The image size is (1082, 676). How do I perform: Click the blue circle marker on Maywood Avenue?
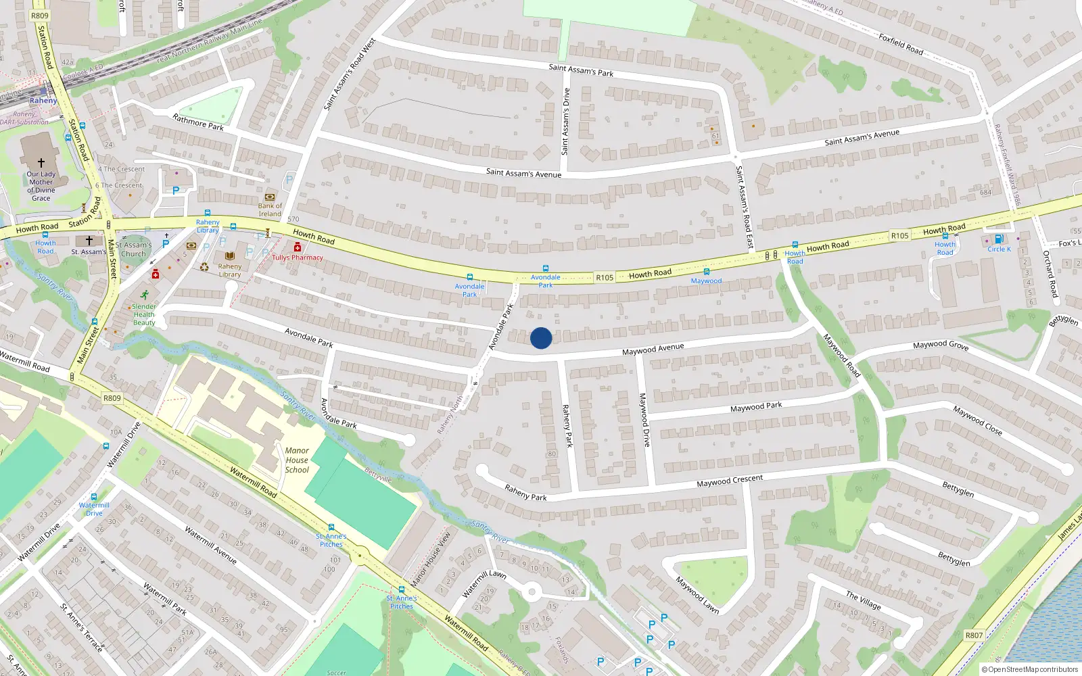click(x=541, y=338)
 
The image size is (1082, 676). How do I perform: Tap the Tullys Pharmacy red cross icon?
click(x=298, y=247)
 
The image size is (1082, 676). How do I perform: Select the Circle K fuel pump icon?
click(x=999, y=239)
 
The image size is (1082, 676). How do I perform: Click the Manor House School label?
click(x=297, y=460)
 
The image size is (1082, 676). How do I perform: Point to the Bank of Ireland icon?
click(x=270, y=197)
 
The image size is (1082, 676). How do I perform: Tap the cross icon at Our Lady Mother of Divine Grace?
click(x=41, y=163)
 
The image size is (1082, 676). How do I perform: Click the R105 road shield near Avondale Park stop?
click(x=605, y=278)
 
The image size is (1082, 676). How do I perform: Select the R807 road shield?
click(x=974, y=635)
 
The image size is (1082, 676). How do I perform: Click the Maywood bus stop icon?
click(x=706, y=272)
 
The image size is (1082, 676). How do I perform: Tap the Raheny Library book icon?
click(x=230, y=256)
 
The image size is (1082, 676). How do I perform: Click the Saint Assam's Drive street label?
click(x=566, y=122)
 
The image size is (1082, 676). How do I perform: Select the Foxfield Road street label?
click(x=901, y=44)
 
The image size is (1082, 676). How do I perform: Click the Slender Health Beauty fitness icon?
click(x=145, y=295)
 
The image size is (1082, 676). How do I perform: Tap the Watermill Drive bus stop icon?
click(x=94, y=497)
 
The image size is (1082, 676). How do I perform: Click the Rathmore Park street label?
click(x=198, y=122)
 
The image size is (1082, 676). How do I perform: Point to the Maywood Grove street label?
click(x=940, y=345)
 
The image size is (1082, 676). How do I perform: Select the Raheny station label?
click(x=43, y=101)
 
